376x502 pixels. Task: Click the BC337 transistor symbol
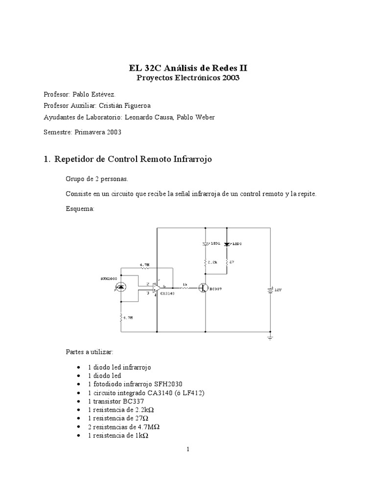tap(203, 289)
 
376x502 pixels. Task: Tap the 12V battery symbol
tap(270, 290)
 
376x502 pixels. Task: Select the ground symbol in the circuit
tap(270, 337)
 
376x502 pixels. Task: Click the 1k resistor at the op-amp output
tap(185, 288)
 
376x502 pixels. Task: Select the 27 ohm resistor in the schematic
tap(226, 263)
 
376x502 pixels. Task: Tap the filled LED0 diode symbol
tap(226, 244)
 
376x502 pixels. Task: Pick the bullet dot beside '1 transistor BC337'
tap(79, 400)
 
